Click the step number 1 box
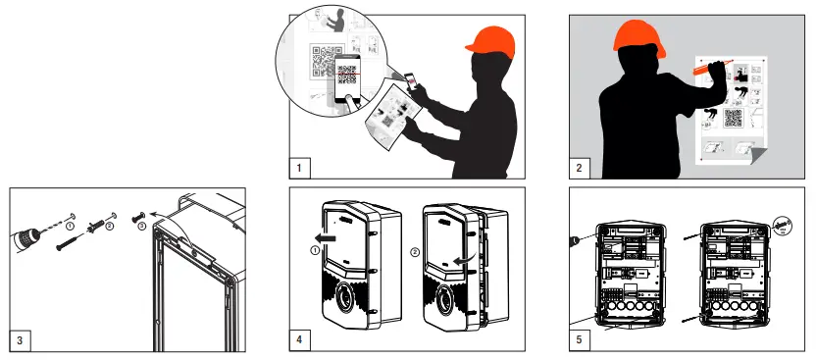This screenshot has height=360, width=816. tap(299, 168)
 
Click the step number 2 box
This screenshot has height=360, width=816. tap(580, 168)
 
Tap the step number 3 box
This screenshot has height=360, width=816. tap(20, 340)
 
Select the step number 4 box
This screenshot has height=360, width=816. tap(299, 340)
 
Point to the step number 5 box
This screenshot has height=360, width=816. tap(580, 340)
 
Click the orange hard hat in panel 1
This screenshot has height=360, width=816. tap(490, 41)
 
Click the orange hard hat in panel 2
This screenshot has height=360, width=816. tap(639, 37)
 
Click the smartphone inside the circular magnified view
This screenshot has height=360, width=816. tap(347, 78)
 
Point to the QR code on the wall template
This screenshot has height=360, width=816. tap(733, 118)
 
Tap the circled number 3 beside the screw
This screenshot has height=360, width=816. tap(142, 226)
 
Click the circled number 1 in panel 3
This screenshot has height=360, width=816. tap(70, 226)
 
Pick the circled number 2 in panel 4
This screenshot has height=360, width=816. tap(415, 252)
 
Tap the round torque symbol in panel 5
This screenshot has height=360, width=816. tap(783, 226)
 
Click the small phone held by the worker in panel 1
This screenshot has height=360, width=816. tap(410, 81)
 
